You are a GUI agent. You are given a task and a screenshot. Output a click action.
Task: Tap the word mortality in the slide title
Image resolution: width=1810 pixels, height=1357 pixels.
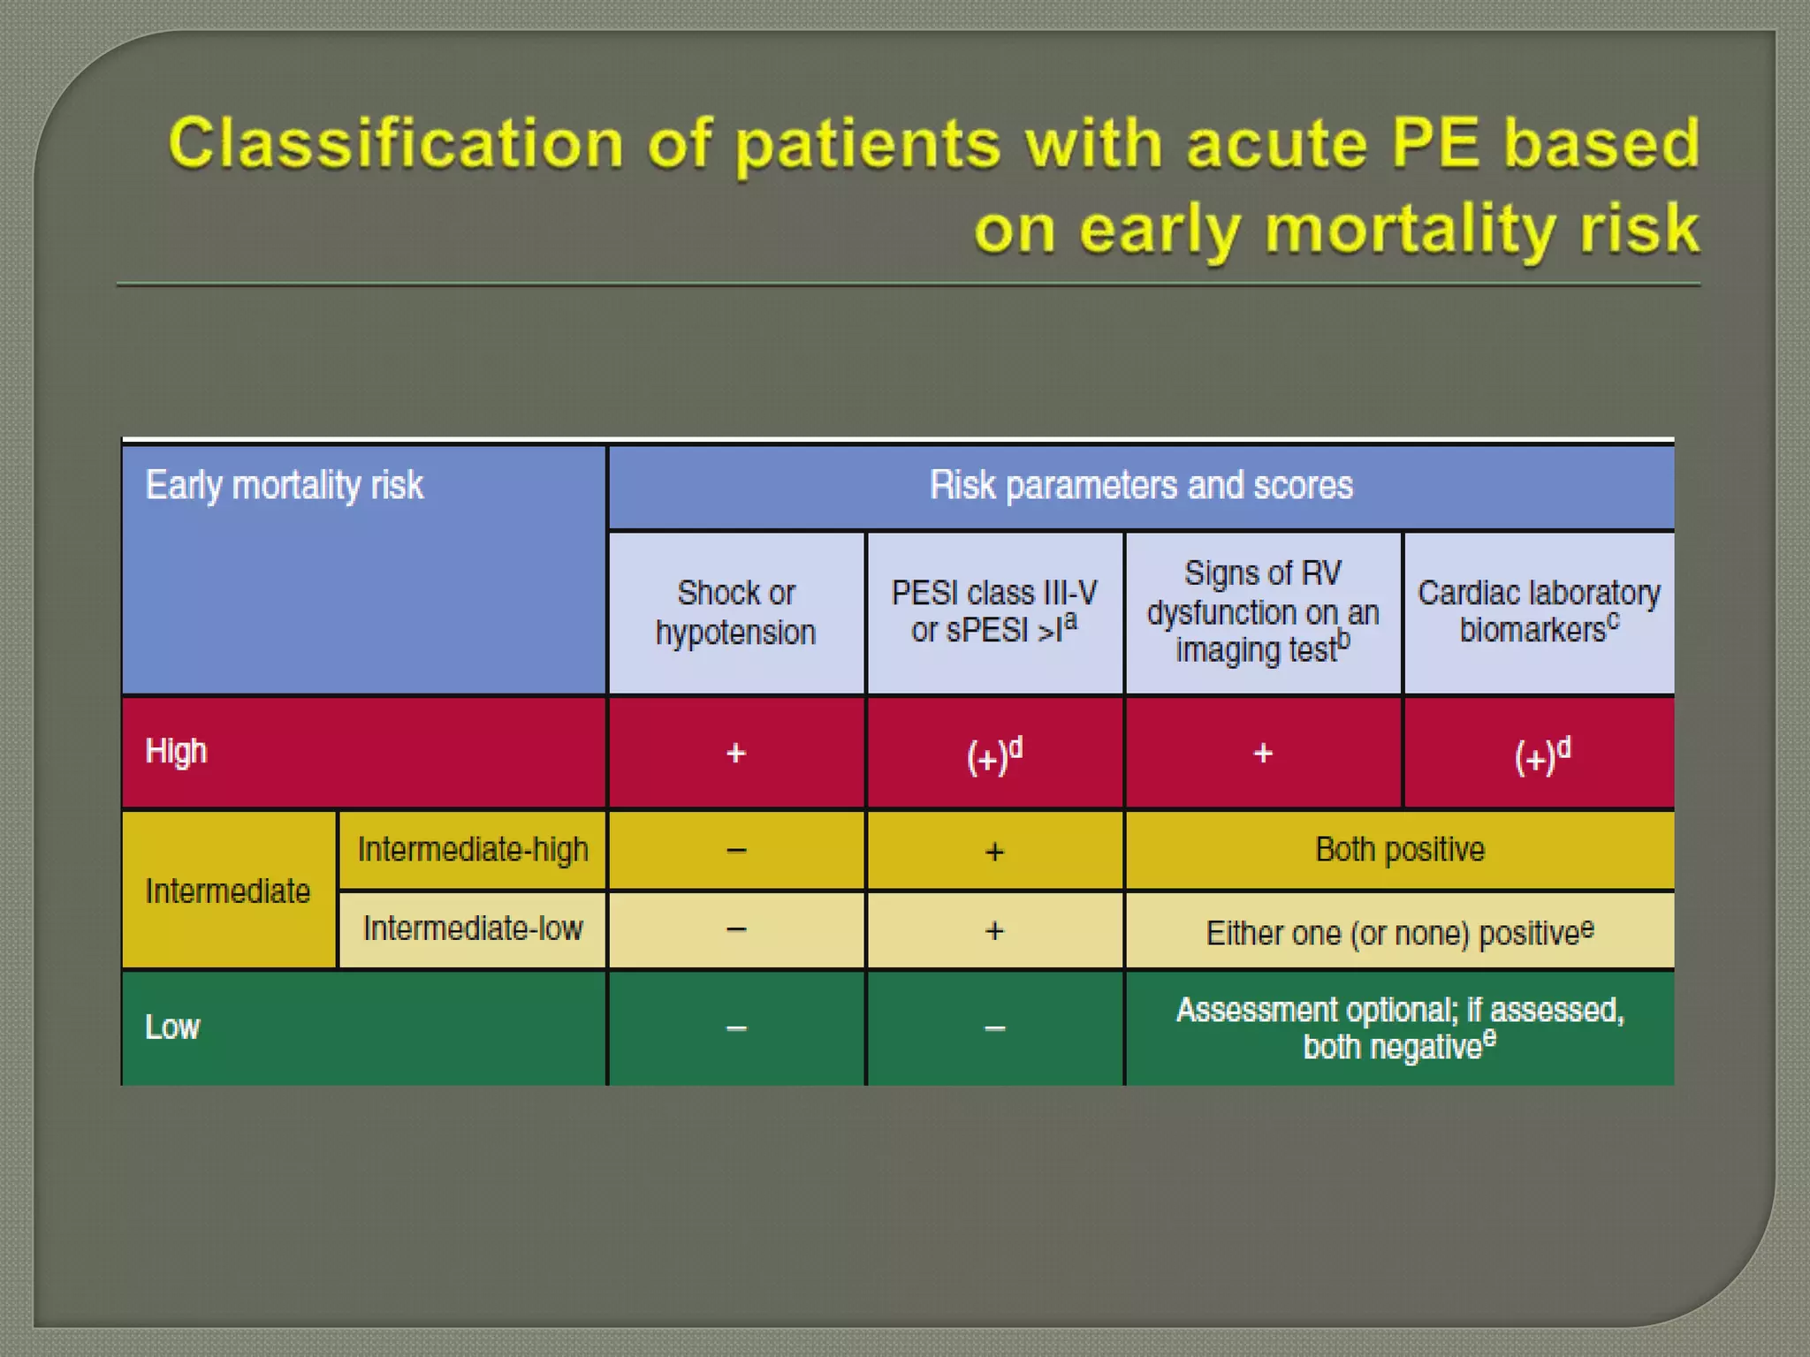coord(1409,229)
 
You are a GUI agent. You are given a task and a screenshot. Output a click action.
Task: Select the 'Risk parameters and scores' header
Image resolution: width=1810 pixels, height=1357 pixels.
coord(1140,485)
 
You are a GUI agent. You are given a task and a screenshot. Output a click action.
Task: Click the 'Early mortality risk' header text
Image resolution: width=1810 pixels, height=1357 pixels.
coord(284,485)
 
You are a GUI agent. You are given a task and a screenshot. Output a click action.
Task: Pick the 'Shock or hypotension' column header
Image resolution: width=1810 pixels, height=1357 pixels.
coord(735,612)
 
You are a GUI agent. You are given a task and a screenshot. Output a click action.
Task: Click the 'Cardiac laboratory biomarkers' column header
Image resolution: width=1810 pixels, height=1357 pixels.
coord(1538,610)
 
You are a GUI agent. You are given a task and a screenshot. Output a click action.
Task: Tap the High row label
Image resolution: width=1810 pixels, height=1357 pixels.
coord(176,751)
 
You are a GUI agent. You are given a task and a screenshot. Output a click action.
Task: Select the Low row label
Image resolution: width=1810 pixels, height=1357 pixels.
coord(172,1027)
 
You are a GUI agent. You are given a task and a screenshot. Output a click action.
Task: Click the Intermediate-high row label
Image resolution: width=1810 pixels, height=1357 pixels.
coord(472,849)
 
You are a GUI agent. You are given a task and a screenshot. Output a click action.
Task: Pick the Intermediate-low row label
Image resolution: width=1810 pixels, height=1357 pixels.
coord(472,929)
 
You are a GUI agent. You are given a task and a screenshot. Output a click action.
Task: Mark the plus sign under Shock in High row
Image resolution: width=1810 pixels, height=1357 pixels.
coord(735,753)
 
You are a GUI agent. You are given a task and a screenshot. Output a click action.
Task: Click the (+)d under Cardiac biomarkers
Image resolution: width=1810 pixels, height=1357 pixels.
coord(1541,755)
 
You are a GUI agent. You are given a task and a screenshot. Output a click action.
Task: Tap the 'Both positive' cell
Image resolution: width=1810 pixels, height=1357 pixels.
coord(1399,849)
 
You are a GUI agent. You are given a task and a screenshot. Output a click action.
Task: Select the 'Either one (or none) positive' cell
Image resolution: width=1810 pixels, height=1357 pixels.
coord(1399,932)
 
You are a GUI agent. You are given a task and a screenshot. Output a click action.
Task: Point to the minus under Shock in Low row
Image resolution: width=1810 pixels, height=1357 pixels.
coord(735,1027)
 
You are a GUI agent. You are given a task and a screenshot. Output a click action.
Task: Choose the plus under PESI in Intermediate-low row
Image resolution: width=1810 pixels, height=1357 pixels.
coord(994,930)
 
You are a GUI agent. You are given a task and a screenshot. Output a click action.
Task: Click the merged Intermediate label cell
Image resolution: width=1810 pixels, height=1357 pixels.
coord(227,891)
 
